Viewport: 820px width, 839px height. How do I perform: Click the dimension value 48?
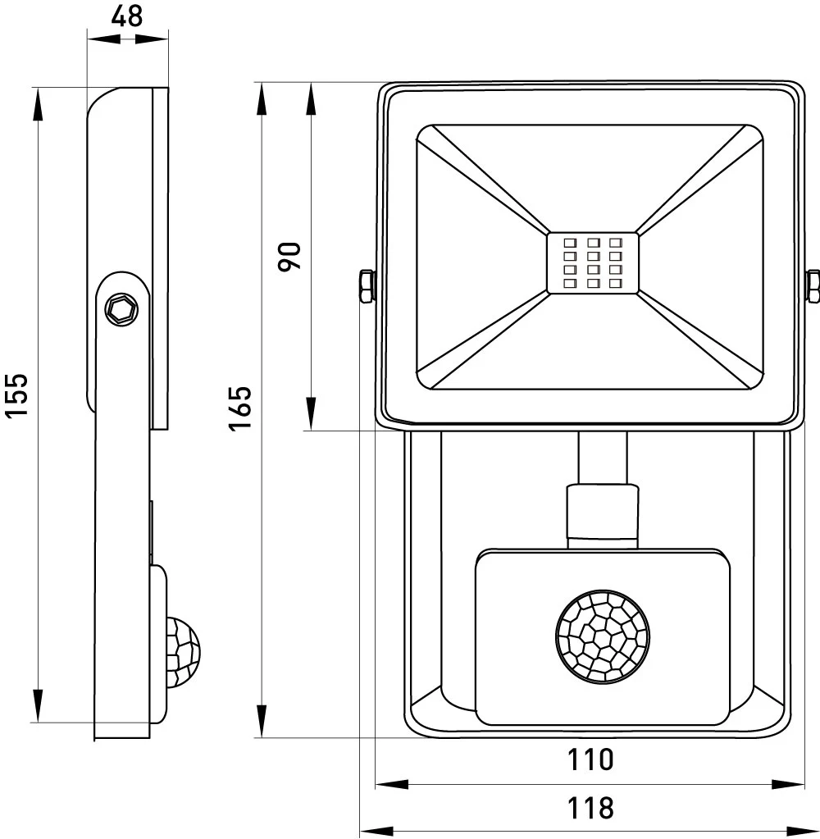[x=127, y=16]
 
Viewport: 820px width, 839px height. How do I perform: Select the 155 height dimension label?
[x=16, y=395]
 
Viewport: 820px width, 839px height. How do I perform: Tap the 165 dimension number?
[x=240, y=407]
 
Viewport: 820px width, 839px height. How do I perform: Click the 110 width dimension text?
[x=590, y=759]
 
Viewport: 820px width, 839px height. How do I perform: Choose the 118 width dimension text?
[x=590, y=808]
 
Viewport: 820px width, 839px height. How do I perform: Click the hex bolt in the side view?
[x=122, y=309]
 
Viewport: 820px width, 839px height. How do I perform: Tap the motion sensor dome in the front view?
[x=603, y=636]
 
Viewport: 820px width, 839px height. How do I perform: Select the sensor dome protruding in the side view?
[x=183, y=652]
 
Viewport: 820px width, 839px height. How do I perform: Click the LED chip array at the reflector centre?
[x=593, y=262]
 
